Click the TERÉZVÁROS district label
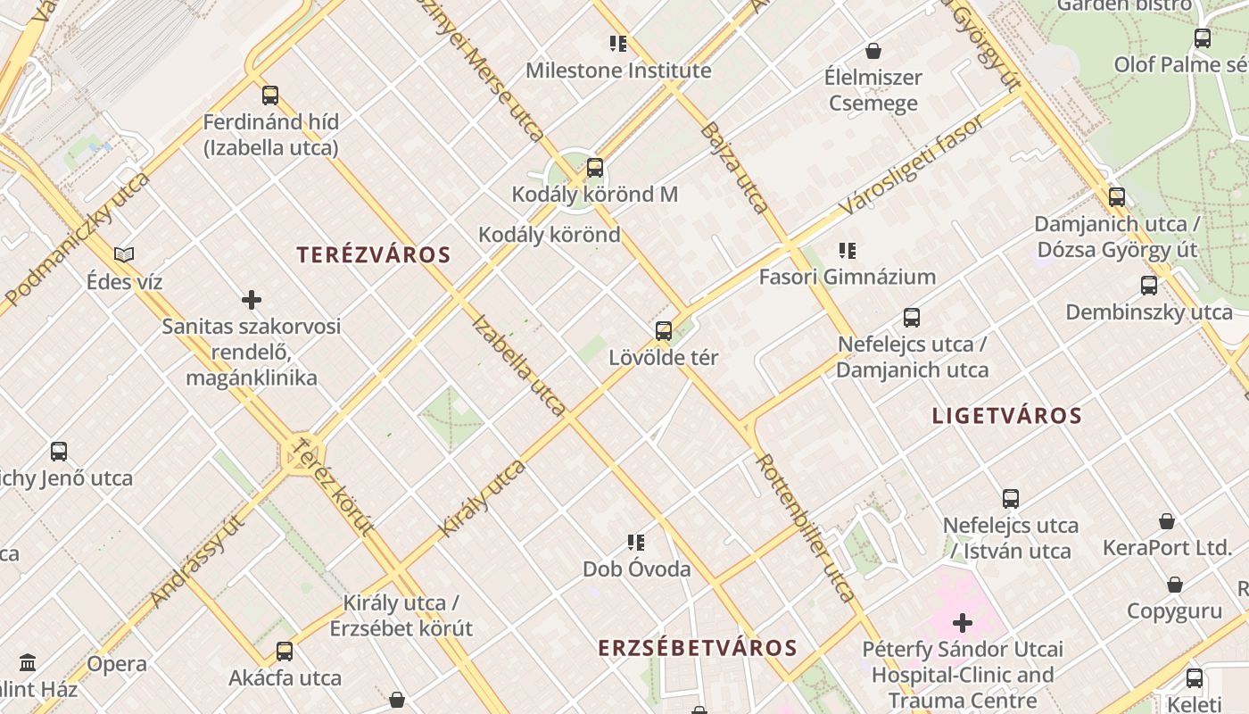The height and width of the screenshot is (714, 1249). point(374,255)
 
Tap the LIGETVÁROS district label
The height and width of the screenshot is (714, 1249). point(1007,416)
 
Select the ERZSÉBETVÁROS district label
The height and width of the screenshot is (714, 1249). point(698,648)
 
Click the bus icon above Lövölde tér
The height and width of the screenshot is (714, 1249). point(664,331)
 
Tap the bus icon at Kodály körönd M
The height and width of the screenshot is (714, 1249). point(595,168)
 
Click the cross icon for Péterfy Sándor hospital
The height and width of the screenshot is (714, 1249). point(963,622)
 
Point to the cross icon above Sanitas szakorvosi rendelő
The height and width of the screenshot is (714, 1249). point(252,300)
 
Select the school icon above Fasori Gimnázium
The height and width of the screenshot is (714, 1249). point(848,251)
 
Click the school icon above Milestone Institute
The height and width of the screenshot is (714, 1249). point(618,44)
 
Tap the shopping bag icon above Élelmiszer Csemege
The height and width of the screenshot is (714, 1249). point(873,51)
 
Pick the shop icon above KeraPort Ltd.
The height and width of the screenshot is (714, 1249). point(1167,521)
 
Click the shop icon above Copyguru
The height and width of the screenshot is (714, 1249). point(1175,585)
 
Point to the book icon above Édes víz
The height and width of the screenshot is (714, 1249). point(124,255)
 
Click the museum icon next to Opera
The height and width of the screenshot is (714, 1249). point(28,663)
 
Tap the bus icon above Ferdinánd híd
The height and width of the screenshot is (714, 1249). point(270,95)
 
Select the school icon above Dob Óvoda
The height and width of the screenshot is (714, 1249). point(636,543)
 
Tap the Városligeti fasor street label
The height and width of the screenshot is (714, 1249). point(912,164)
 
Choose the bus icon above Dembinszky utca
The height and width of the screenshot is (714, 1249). point(1149,286)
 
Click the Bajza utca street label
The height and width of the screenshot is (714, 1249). point(735,168)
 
